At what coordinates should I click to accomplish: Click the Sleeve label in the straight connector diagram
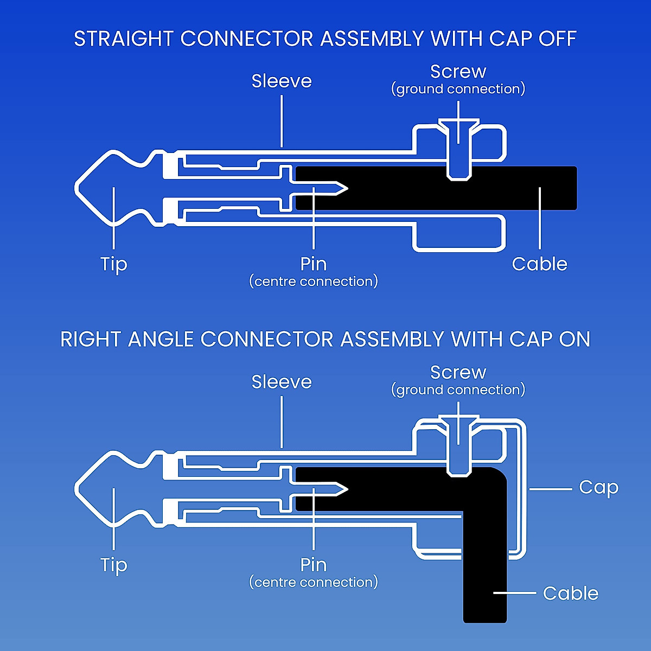(x=282, y=81)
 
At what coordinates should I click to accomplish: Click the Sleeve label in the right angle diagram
(x=282, y=382)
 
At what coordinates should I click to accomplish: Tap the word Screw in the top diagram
(x=458, y=72)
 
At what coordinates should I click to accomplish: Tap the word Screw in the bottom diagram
(x=458, y=373)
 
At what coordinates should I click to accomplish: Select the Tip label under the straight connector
(x=114, y=264)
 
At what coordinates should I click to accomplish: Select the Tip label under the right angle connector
(x=114, y=565)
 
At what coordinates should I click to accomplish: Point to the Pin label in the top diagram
(x=314, y=264)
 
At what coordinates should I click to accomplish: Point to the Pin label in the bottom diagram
(x=314, y=565)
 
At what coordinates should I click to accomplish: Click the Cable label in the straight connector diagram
(x=539, y=264)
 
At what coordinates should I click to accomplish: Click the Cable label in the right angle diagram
(x=570, y=593)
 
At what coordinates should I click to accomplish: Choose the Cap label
(x=598, y=487)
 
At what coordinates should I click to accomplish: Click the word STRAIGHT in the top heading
(x=124, y=39)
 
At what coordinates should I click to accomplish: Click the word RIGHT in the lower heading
(x=91, y=340)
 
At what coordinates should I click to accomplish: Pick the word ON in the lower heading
(x=574, y=340)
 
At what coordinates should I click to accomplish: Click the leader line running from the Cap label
(x=550, y=489)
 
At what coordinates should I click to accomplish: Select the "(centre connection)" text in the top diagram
(x=314, y=282)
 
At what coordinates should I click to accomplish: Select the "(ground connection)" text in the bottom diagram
(x=458, y=390)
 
